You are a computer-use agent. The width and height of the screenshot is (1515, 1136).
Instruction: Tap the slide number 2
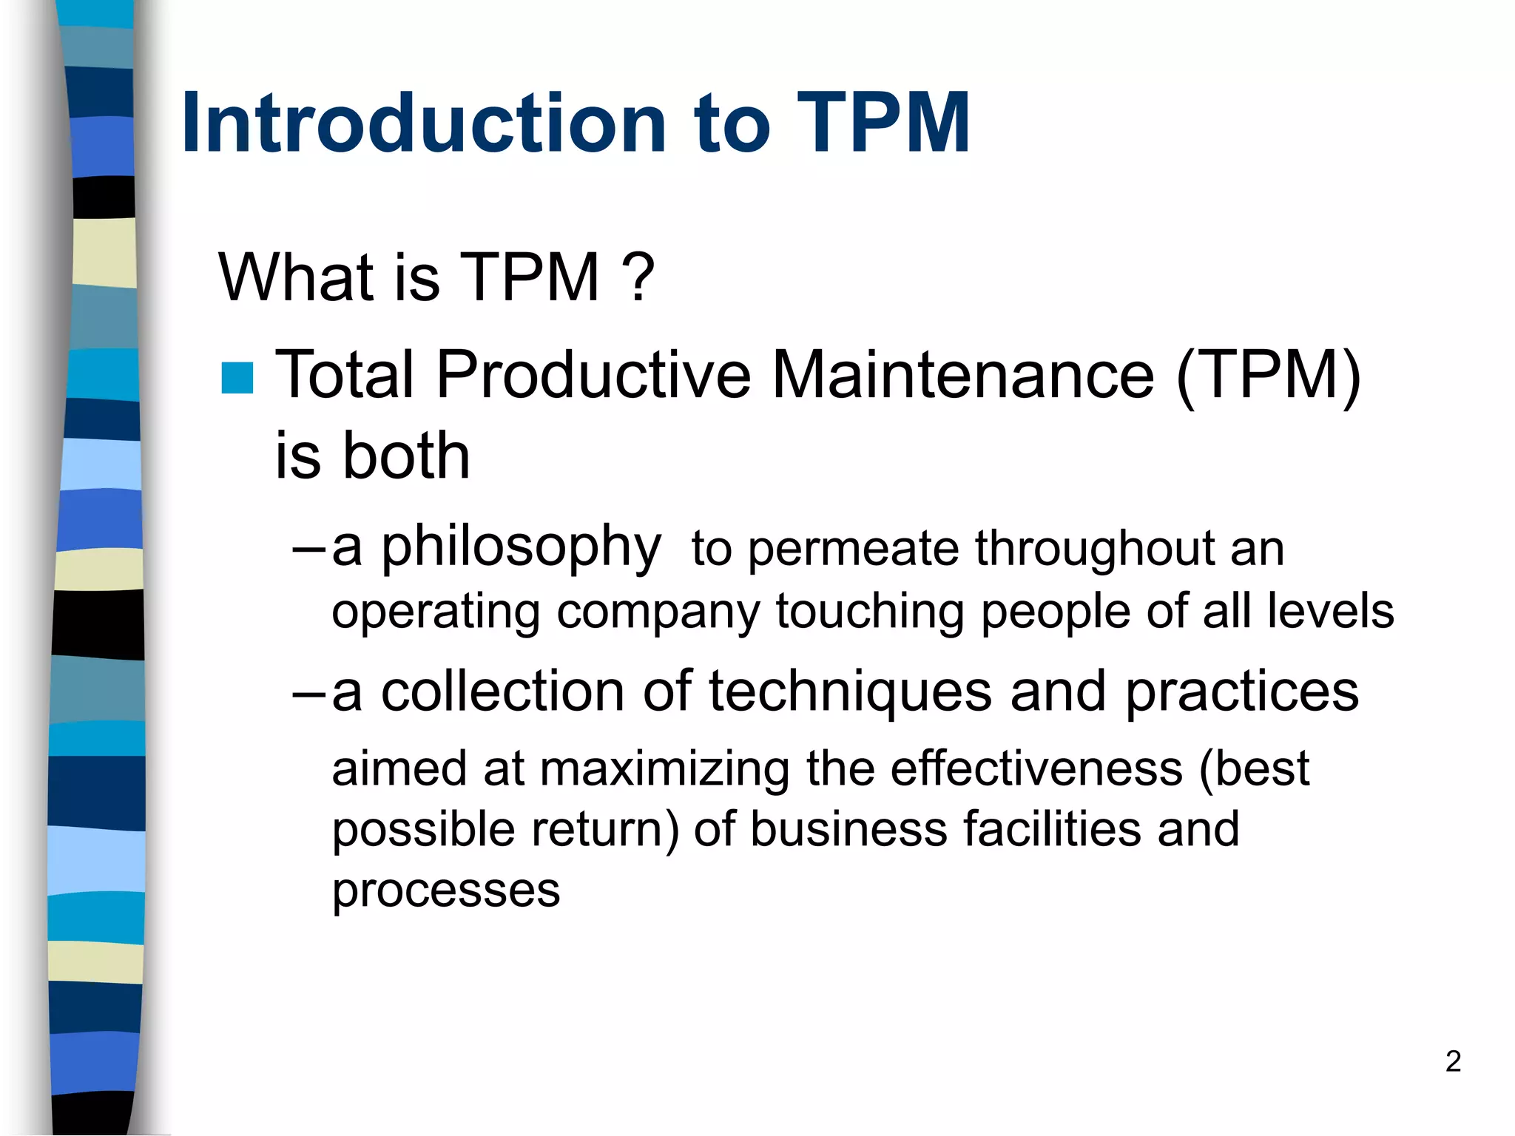tap(1453, 1061)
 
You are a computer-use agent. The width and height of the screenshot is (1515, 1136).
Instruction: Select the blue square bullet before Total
tap(237, 378)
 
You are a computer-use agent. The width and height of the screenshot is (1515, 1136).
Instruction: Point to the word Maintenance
tap(962, 375)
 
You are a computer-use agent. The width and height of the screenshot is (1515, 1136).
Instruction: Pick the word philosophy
tap(521, 548)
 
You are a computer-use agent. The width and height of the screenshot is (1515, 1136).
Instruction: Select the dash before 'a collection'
tap(308, 694)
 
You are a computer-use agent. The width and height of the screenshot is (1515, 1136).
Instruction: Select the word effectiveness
tap(1036, 768)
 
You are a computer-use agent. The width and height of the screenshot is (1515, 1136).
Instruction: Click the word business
tap(848, 829)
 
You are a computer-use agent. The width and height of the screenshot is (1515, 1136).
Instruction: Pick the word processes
tap(445, 890)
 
